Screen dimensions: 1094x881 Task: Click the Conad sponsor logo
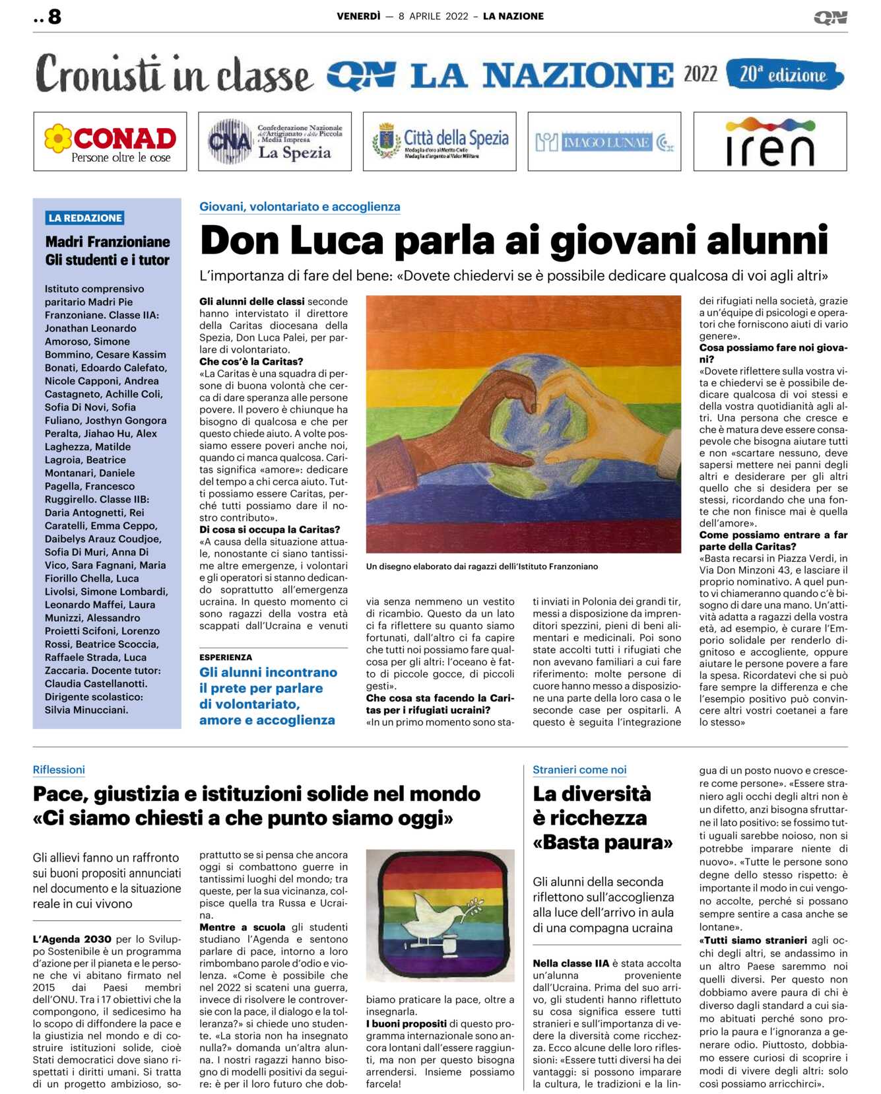(x=110, y=141)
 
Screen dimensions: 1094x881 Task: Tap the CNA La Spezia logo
(x=275, y=141)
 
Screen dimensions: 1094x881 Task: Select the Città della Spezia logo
(x=440, y=141)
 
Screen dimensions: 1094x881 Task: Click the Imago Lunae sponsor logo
(x=604, y=141)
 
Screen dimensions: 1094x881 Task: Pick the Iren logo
(x=769, y=141)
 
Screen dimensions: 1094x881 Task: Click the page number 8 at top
(x=54, y=17)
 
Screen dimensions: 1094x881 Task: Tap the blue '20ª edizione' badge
(x=784, y=74)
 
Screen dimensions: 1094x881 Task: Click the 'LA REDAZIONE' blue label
(x=85, y=218)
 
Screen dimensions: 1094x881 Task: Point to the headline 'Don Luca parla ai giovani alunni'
(x=513, y=240)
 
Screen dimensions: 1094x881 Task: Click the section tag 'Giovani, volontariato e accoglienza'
(x=300, y=207)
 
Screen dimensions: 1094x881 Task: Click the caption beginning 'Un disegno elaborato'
(x=482, y=566)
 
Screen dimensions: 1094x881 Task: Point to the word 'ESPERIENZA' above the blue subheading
(x=226, y=657)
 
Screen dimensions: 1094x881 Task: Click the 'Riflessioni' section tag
(x=59, y=770)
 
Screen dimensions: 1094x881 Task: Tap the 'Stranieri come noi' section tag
(x=579, y=770)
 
